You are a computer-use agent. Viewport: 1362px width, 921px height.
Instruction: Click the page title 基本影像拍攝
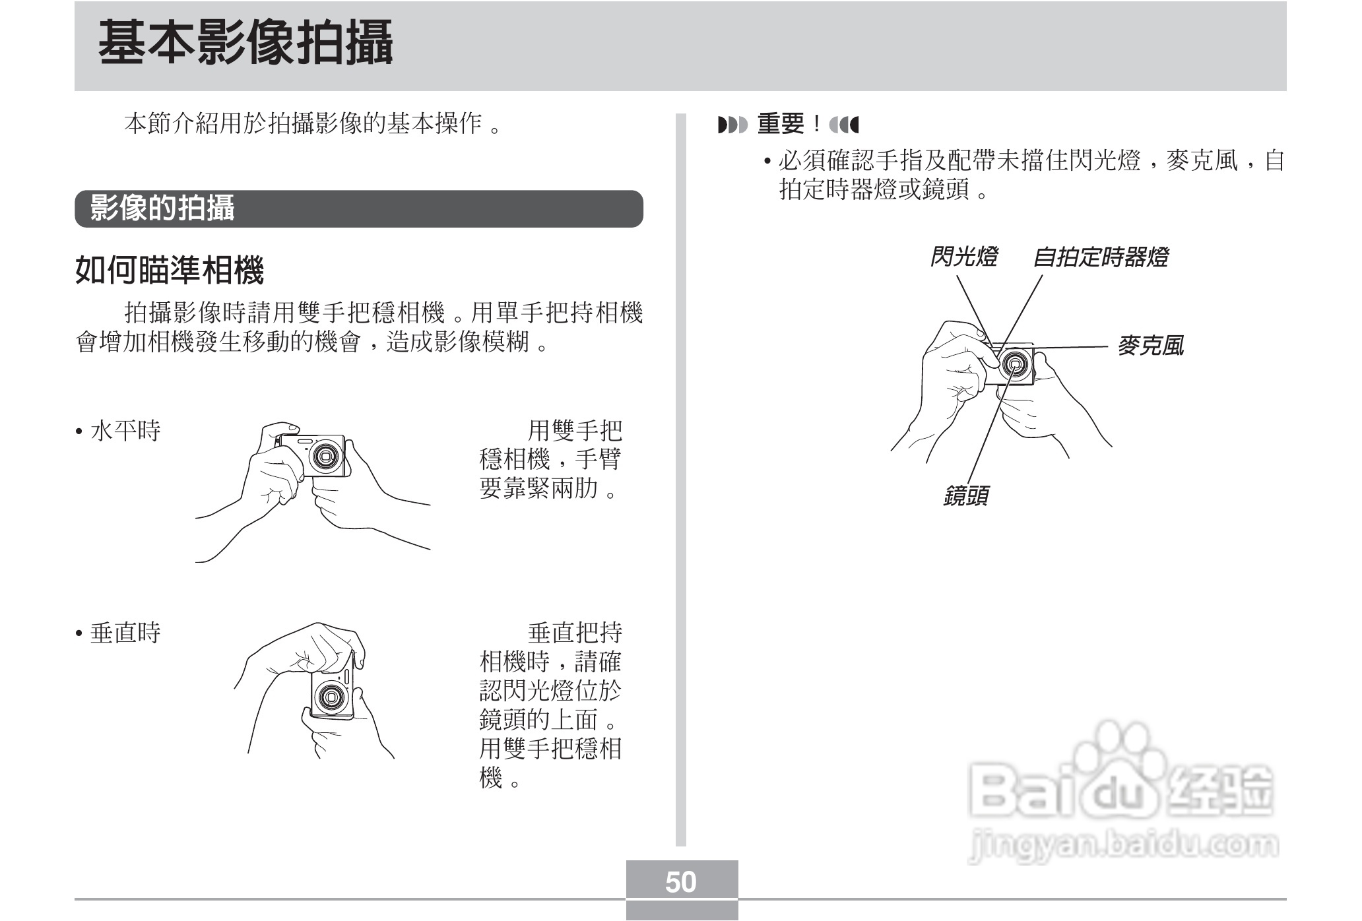(245, 44)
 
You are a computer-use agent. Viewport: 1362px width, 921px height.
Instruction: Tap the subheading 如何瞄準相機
(170, 270)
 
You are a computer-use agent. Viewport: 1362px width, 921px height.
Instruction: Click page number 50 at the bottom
(681, 882)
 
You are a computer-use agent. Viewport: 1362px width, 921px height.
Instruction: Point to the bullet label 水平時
(125, 431)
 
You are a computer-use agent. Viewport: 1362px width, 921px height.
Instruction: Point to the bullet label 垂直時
(125, 633)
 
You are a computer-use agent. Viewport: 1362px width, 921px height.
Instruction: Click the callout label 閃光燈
(963, 257)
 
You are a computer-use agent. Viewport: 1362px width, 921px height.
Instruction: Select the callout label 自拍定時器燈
(1100, 257)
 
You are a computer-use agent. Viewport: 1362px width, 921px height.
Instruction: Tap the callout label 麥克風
(1150, 345)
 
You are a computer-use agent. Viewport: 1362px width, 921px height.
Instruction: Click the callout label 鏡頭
(965, 495)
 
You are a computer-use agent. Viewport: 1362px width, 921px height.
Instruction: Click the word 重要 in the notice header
(781, 124)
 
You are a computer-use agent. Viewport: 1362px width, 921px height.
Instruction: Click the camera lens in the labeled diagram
(1015, 365)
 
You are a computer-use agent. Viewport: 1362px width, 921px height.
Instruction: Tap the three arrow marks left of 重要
(732, 124)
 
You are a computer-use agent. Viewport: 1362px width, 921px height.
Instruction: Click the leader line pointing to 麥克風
(1072, 347)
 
